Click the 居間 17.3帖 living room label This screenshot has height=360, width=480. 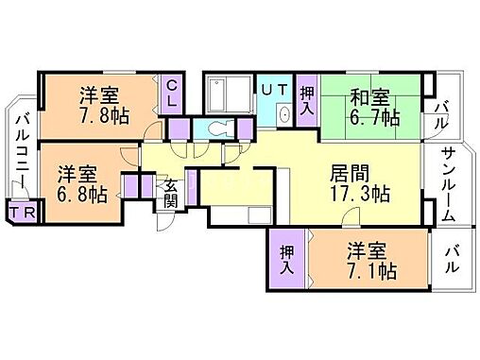coord(359,185)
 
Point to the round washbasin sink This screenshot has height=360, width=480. coord(284,115)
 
